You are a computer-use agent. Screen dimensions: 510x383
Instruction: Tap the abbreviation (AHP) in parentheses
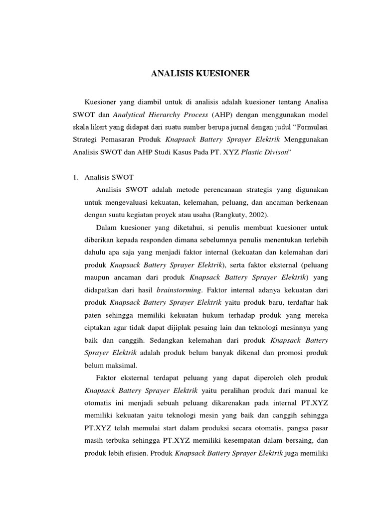tap(212, 114)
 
